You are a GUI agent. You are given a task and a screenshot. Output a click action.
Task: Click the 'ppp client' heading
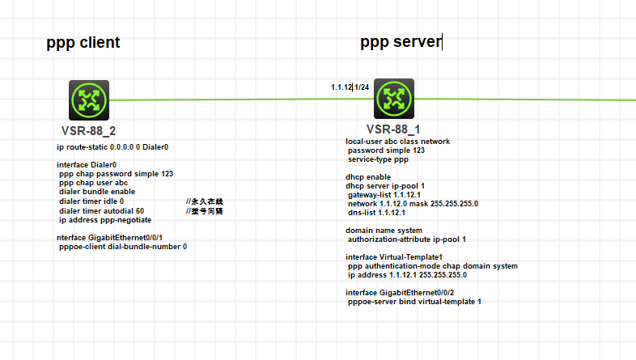coord(83,42)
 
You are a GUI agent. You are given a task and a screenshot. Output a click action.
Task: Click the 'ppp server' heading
coord(401,42)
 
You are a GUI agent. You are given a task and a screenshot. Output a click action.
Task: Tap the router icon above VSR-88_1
coord(394,99)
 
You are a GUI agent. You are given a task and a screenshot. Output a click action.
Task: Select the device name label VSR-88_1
coord(393,129)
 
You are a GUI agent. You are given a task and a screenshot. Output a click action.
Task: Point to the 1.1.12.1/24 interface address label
coord(350,87)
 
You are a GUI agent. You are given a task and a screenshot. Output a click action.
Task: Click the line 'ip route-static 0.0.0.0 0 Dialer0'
coord(112,147)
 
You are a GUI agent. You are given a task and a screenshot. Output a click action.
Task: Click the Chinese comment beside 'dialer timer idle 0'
coord(204,201)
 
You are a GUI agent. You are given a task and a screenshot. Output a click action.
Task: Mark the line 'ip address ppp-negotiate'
coord(105,219)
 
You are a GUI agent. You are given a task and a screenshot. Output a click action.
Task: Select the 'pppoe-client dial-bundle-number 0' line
coord(123,247)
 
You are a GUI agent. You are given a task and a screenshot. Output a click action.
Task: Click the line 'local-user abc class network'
coord(397,141)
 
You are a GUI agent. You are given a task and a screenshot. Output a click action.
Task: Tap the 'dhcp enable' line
coord(368,176)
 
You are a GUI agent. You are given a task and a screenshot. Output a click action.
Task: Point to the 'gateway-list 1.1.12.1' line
coord(386,195)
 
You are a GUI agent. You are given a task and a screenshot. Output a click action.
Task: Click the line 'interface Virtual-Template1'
coord(394,256)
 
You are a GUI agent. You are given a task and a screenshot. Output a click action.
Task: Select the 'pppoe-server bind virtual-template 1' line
coord(414,301)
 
